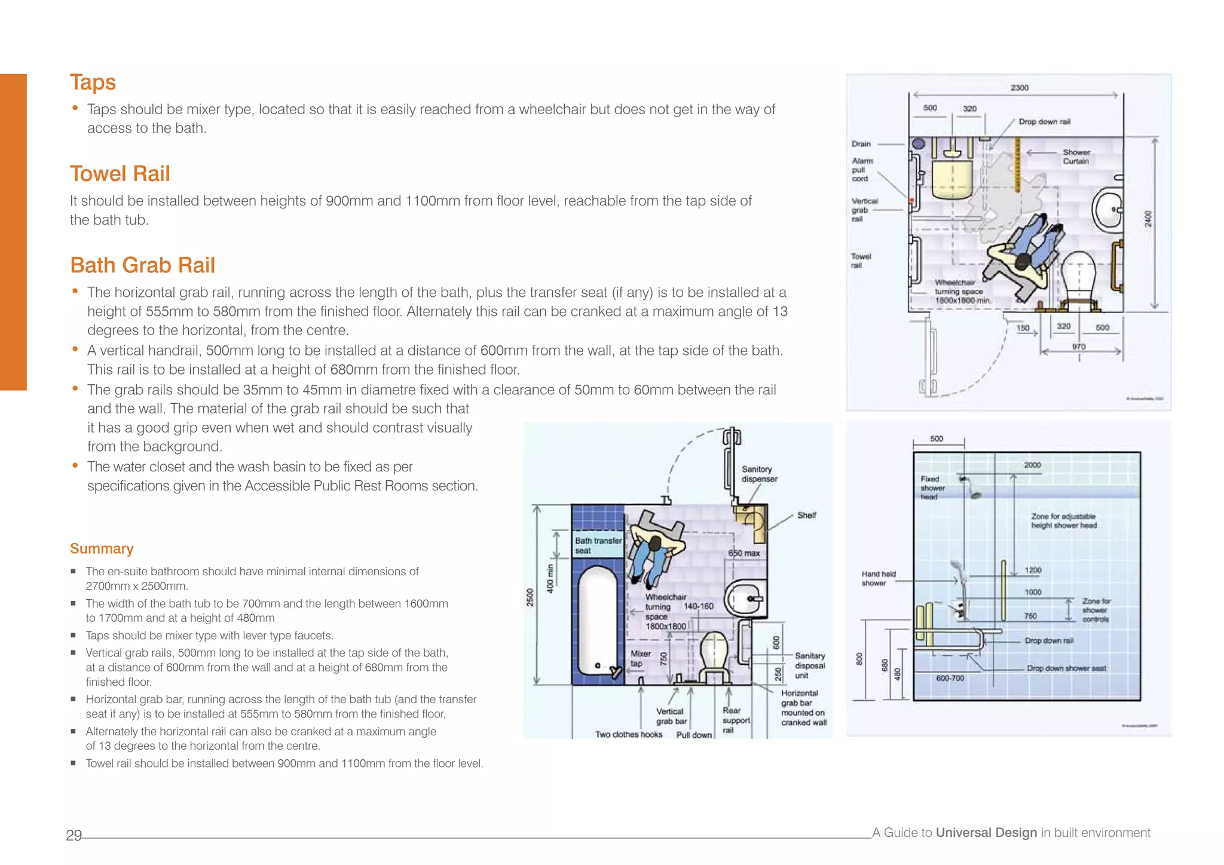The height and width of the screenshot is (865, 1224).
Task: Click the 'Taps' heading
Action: [x=93, y=82]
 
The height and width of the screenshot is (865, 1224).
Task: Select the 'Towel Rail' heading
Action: [x=120, y=174]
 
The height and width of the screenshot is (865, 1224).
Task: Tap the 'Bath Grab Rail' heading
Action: [x=142, y=265]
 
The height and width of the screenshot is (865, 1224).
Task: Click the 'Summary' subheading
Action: [x=102, y=548]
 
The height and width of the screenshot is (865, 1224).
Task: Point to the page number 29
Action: [x=74, y=835]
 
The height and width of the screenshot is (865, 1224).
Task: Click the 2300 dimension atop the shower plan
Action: [x=1020, y=88]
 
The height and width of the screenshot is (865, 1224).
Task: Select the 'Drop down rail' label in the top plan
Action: [x=1044, y=121]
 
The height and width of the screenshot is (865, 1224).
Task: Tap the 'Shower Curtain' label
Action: [x=1076, y=157]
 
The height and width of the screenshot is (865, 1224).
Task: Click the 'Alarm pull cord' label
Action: [x=862, y=170]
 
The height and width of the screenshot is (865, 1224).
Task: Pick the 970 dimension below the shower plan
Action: [x=1079, y=346]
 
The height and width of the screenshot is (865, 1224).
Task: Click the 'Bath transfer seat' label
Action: [x=598, y=545]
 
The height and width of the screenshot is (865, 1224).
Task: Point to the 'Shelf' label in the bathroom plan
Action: [x=806, y=515]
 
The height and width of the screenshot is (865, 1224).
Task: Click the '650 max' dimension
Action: [x=744, y=553]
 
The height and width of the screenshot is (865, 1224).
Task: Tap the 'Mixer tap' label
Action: [x=640, y=658]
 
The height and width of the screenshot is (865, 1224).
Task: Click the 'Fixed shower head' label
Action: [x=932, y=487]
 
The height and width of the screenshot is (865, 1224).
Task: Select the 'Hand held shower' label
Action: [x=878, y=578]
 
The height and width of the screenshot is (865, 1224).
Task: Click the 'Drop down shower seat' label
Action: [x=1066, y=668]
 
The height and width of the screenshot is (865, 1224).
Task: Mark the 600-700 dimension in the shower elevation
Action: [x=950, y=678]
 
